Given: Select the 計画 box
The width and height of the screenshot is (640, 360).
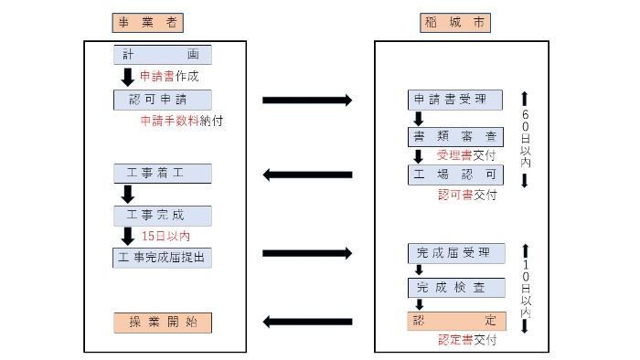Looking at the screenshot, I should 163,55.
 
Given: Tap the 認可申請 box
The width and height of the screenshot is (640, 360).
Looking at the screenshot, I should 163,99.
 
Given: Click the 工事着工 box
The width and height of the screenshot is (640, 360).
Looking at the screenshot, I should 163,174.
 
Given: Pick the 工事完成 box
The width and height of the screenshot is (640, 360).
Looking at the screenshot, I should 163,216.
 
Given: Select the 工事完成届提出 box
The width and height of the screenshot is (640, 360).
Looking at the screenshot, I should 163,258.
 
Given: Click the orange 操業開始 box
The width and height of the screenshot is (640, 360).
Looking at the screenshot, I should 163,323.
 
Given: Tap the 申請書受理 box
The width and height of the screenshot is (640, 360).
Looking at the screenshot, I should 455,99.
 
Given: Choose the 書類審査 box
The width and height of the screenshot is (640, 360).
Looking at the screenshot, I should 455,137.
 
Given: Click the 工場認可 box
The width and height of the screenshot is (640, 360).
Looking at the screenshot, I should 455,174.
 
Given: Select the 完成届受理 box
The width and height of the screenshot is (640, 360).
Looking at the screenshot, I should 455,253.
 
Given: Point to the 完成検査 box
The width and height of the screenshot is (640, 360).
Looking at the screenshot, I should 455,288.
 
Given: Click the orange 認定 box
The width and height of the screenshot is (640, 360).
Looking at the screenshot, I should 455,322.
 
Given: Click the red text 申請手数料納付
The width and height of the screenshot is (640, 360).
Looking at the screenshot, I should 182,120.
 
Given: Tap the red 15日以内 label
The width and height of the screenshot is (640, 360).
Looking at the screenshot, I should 166,237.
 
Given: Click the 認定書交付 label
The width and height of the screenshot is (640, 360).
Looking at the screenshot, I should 466,340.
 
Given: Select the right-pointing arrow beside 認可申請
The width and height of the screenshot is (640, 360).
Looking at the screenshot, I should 307,100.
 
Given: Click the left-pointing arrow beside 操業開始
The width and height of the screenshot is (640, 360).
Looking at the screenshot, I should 307,322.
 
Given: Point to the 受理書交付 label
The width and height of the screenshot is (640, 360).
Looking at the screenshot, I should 466,155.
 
